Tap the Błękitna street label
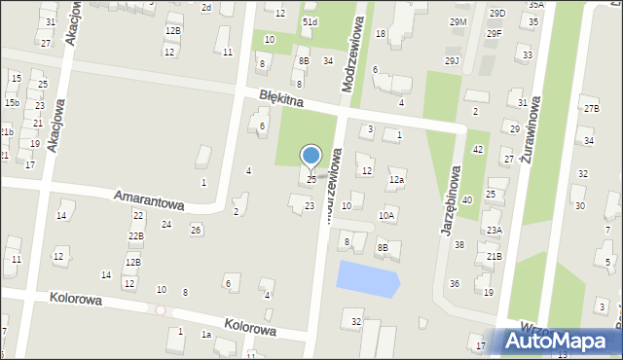[x=282, y=99]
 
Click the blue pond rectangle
[x=368, y=279]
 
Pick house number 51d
[x=310, y=21]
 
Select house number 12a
[x=396, y=180]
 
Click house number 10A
[x=386, y=215]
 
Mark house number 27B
[x=591, y=108]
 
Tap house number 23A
[x=495, y=230]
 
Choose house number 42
[x=478, y=149]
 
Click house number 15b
[x=12, y=102]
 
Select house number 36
[x=455, y=283]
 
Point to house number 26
[x=196, y=230]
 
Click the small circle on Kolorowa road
[x=161, y=309]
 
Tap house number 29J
[x=452, y=60]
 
